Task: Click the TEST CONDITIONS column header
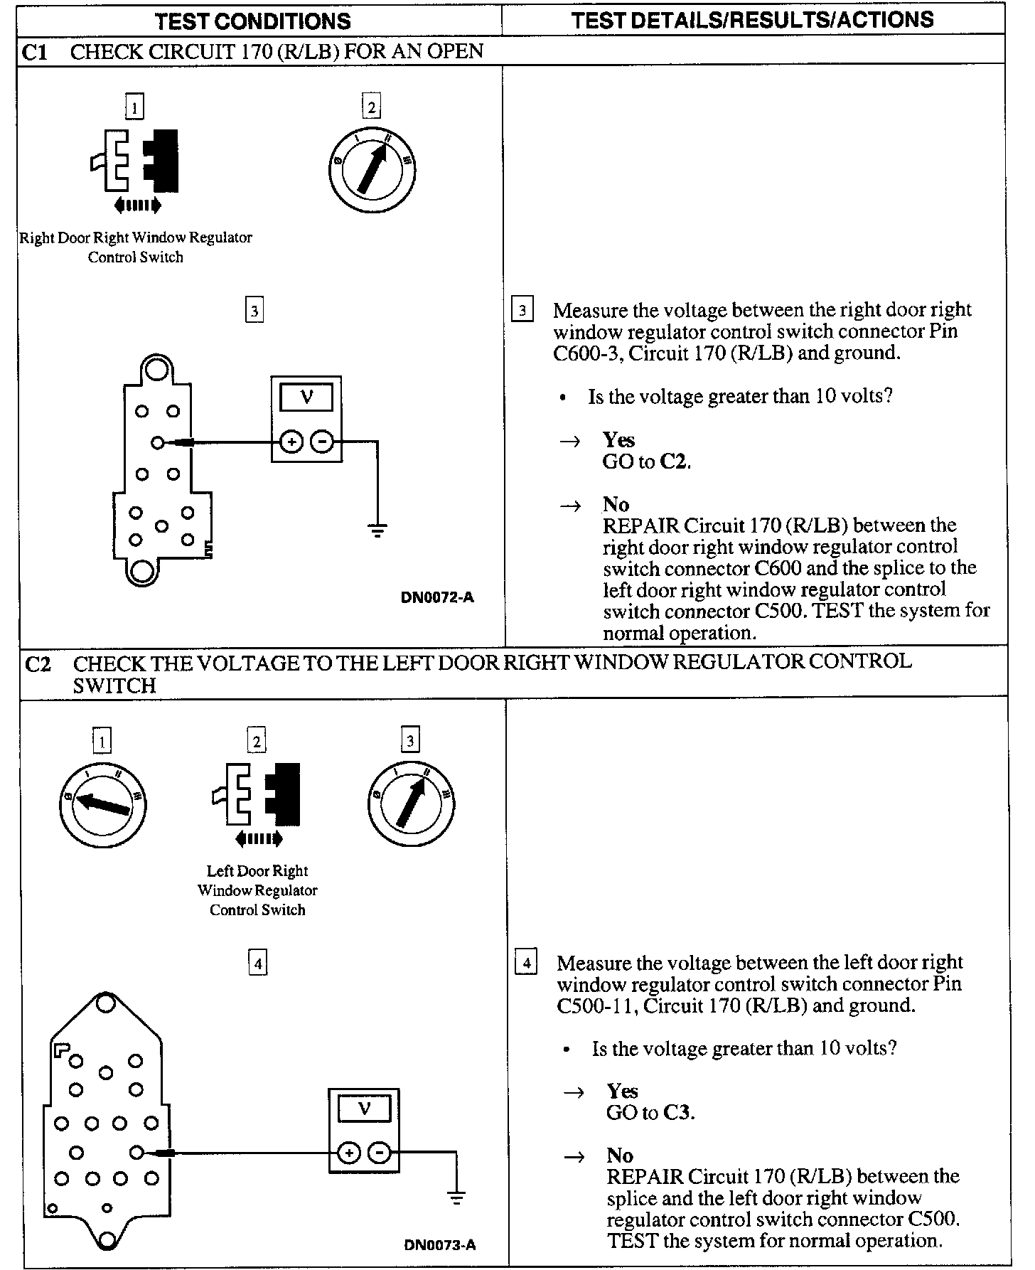click(x=252, y=21)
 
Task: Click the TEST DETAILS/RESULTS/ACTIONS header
click(x=752, y=19)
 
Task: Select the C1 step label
click(x=35, y=52)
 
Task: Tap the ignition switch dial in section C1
click(x=372, y=171)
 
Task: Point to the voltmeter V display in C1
click(x=306, y=397)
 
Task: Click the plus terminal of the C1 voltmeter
click(x=290, y=442)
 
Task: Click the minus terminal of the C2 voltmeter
click(x=380, y=1153)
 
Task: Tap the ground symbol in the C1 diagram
click(x=377, y=529)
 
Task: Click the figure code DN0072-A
click(x=437, y=597)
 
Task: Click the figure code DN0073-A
click(x=440, y=1244)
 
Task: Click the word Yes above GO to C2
click(x=618, y=439)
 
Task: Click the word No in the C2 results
click(x=620, y=1156)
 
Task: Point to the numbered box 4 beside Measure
click(x=525, y=964)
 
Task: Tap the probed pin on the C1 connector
click(x=158, y=442)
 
